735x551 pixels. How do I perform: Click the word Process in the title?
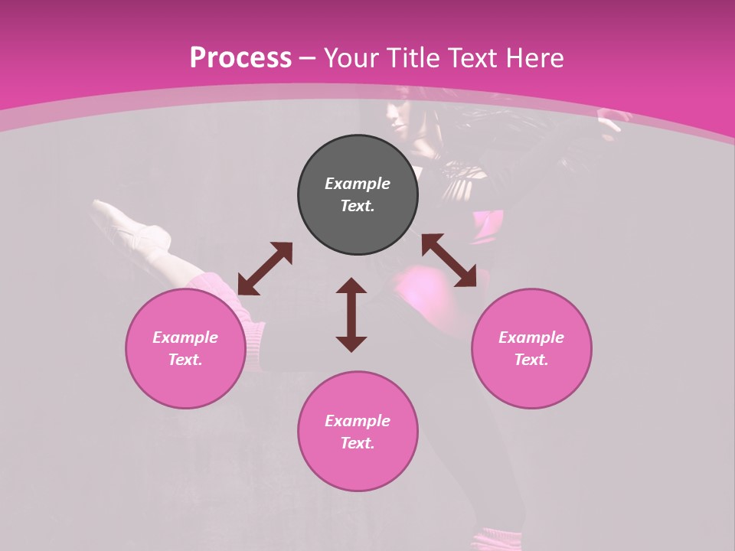(x=240, y=58)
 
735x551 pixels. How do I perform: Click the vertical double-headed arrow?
(x=351, y=315)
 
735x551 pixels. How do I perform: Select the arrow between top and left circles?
(x=265, y=269)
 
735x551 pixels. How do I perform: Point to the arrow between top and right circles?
(x=449, y=260)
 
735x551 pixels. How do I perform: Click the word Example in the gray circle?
(x=358, y=184)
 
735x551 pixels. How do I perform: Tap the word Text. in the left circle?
(x=185, y=360)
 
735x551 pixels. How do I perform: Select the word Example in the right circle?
(x=531, y=337)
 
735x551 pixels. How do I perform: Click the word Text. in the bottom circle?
(x=358, y=443)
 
